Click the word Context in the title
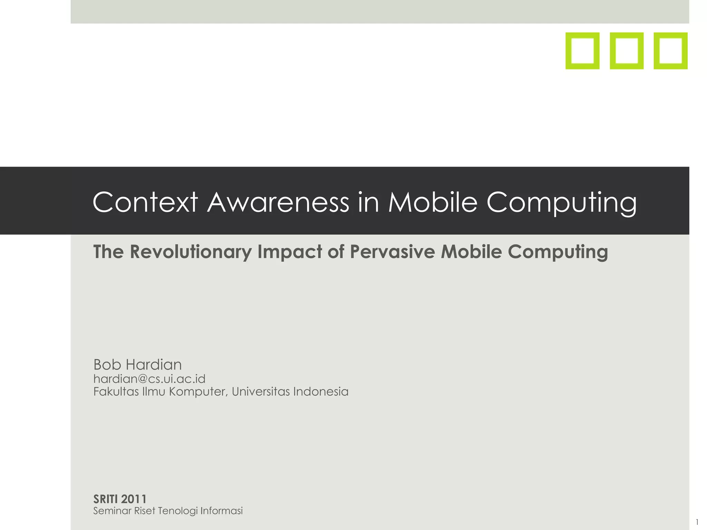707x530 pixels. (x=145, y=202)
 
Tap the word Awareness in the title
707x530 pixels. (x=278, y=202)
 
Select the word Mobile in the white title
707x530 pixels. (x=433, y=202)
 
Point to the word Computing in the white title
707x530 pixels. (x=561, y=204)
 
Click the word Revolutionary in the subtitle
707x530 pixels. (x=191, y=252)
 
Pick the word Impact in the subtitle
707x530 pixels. (x=289, y=252)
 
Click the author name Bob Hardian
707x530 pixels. (x=137, y=365)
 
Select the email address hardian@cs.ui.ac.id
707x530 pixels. (x=149, y=379)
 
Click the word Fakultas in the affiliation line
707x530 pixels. (x=116, y=392)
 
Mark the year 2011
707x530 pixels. (x=134, y=499)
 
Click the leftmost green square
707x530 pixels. (x=582, y=51)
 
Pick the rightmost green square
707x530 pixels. (x=670, y=51)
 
